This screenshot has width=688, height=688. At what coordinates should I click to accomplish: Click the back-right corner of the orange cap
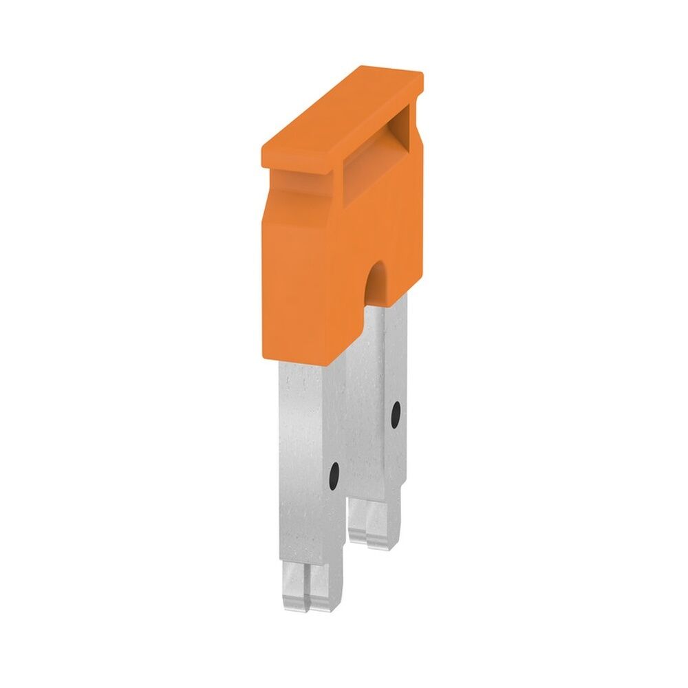tap(421, 76)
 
